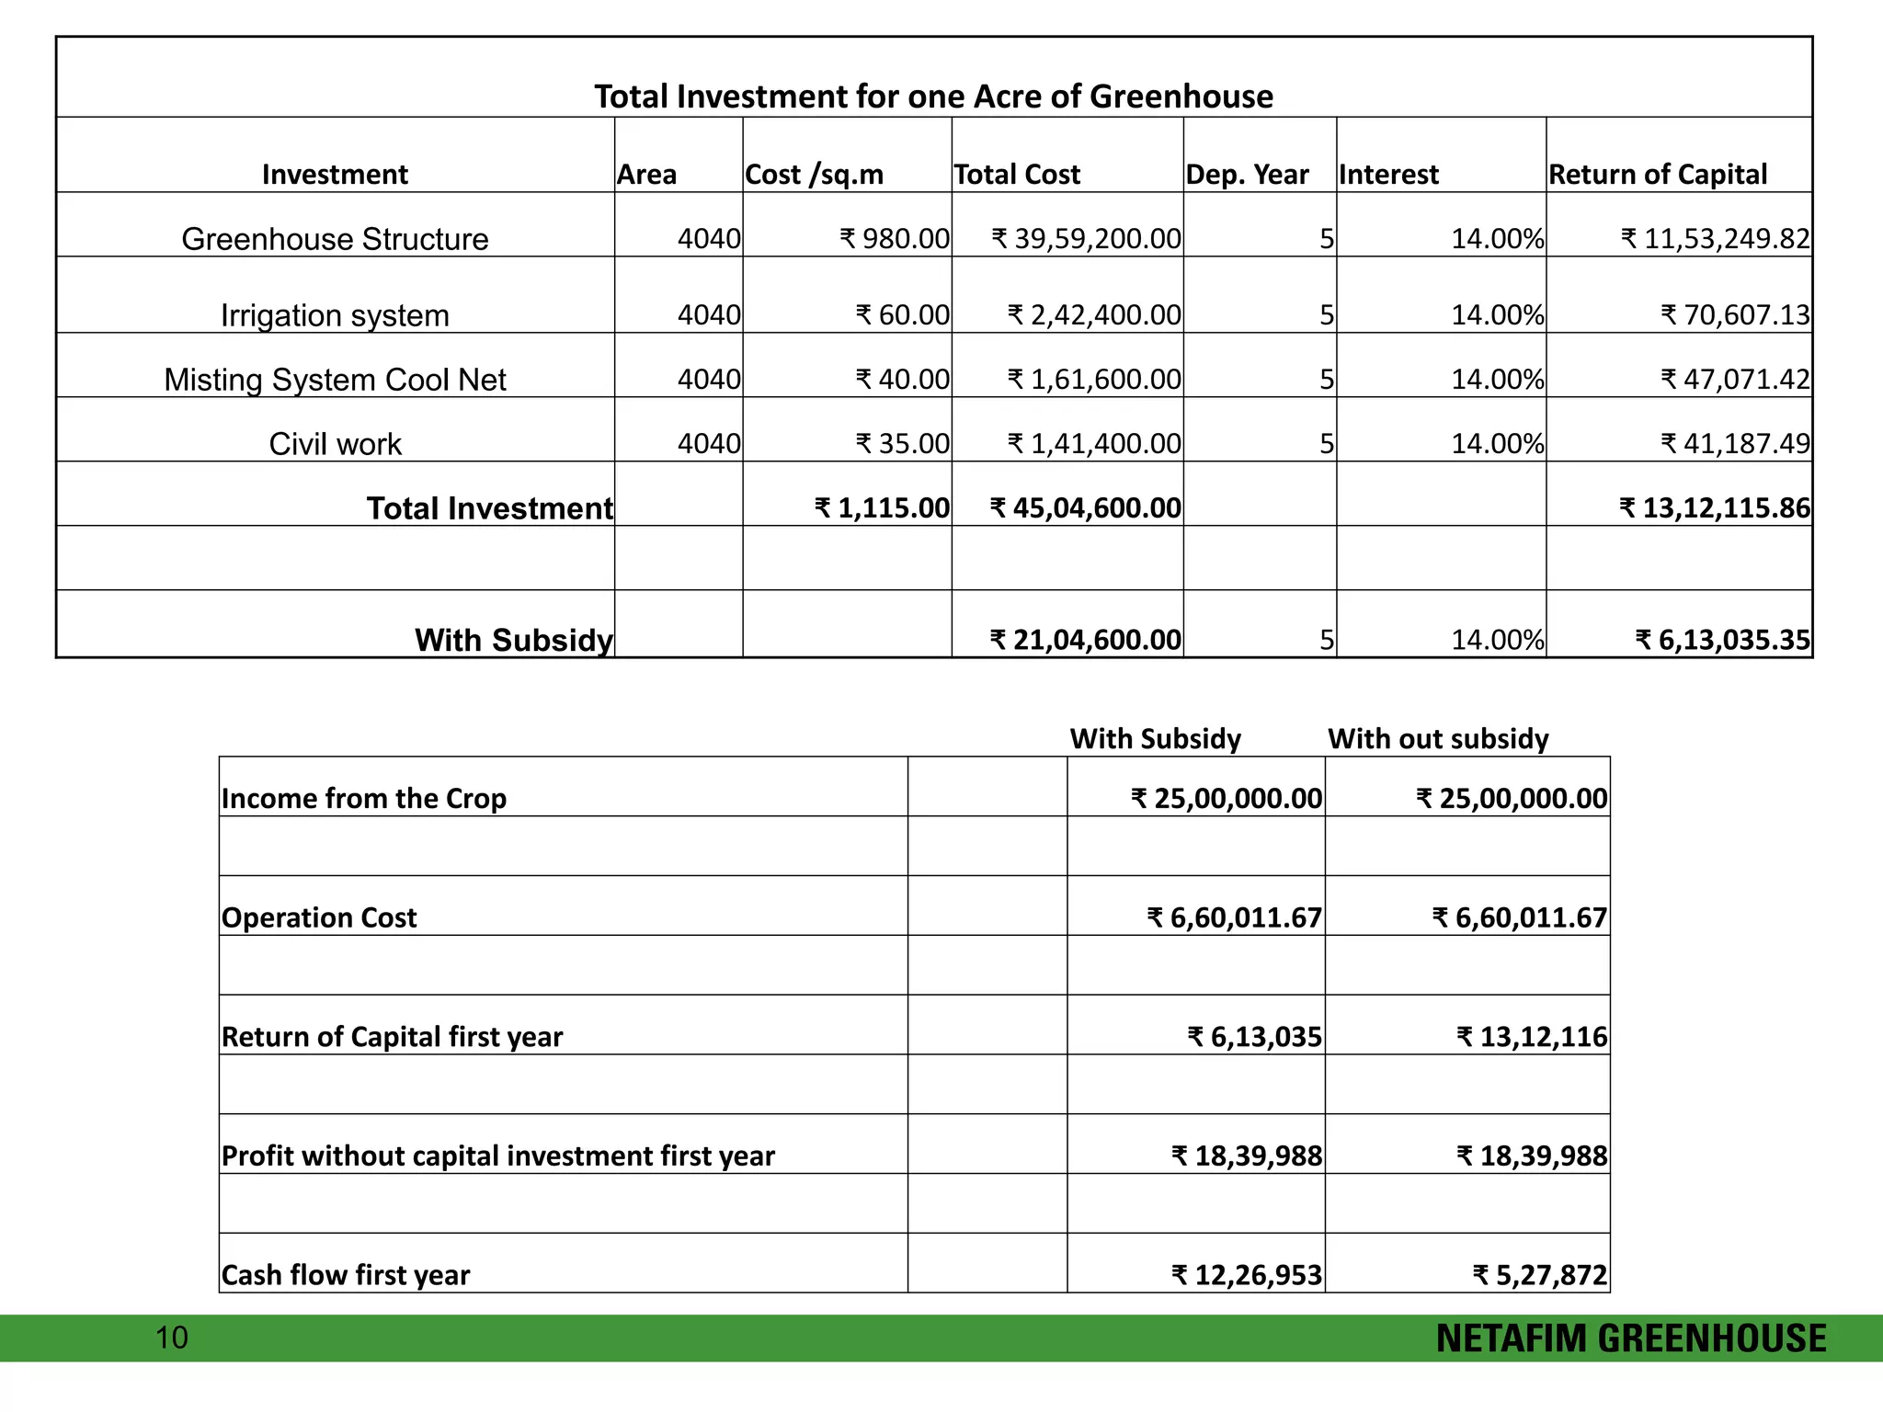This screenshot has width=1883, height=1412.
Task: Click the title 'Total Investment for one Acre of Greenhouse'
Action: [x=933, y=97]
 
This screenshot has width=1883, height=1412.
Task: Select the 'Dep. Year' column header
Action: [x=1247, y=175]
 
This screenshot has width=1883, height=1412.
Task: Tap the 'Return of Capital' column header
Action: [x=1658, y=175]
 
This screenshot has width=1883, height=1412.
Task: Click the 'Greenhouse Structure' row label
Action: [x=335, y=239]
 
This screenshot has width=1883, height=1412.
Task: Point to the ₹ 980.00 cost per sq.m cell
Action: [x=894, y=239]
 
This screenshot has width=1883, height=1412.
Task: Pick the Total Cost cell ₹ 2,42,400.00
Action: [x=1094, y=315]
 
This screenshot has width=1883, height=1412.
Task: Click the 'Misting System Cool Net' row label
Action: [x=335, y=380]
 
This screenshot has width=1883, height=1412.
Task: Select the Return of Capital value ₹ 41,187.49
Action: [x=1735, y=444]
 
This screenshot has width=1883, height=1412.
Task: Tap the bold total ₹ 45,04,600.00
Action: [x=1085, y=508]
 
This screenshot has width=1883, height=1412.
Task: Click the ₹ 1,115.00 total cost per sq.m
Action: [x=882, y=508]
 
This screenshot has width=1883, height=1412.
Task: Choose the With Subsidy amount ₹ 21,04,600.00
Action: [x=1085, y=640]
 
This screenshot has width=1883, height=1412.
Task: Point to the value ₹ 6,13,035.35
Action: [x=1722, y=640]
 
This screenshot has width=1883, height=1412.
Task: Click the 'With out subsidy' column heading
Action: [x=1438, y=739]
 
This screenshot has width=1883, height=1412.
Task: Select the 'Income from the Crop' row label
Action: [x=364, y=798]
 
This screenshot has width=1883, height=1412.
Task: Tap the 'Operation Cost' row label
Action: [x=319, y=917]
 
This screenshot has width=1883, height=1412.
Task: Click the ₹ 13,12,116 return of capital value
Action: [x=1532, y=1037]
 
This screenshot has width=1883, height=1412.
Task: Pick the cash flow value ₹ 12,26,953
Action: [x=1247, y=1275]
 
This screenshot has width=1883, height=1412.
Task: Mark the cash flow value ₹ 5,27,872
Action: [x=1540, y=1275]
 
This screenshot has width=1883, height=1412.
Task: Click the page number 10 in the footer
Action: [x=172, y=1338]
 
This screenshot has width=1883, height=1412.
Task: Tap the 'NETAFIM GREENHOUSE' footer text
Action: [x=1631, y=1338]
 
